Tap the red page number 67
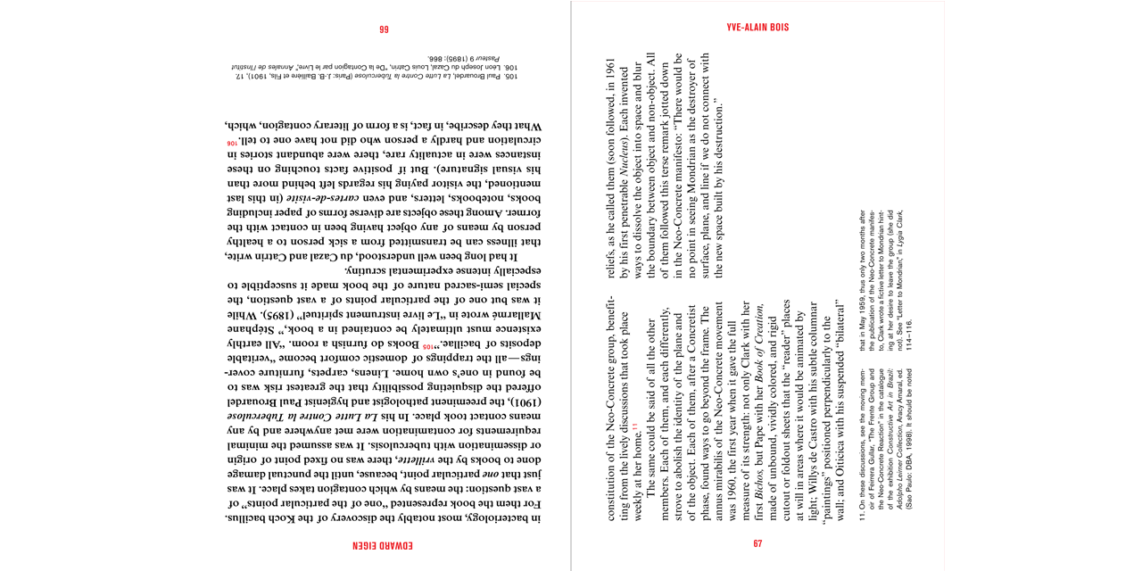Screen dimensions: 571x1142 [x=757, y=543]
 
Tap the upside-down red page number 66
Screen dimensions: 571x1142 [x=384, y=29]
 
